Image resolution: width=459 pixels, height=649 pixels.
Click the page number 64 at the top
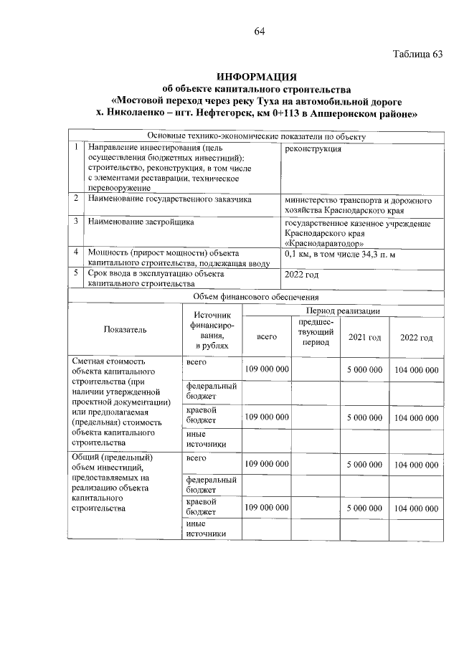point(259,31)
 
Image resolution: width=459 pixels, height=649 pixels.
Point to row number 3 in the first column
point(76,222)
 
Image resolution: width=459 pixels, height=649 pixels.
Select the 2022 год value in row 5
point(302,274)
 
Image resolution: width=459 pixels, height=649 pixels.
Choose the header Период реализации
point(342,310)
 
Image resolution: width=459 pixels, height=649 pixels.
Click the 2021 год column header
point(364,338)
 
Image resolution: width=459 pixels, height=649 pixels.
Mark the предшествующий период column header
point(315,332)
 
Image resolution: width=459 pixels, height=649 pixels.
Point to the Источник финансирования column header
point(212,330)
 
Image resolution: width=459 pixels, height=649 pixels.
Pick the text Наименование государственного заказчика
point(169,199)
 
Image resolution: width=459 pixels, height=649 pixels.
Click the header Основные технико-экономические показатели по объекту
point(256,136)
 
